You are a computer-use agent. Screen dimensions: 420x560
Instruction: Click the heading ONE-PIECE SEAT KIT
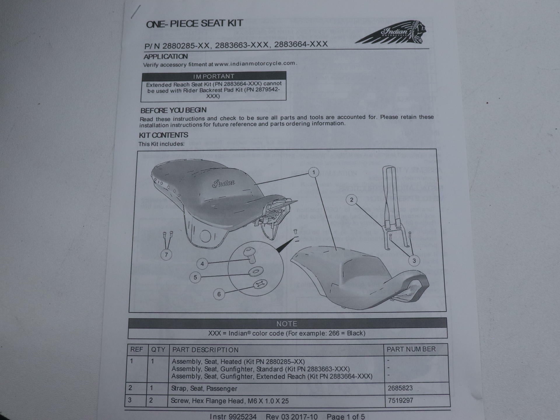point(194,24)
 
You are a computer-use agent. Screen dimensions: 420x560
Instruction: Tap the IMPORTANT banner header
point(214,76)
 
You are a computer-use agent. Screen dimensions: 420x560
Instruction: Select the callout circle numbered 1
point(314,172)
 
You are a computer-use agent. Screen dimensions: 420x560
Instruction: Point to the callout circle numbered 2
point(351,200)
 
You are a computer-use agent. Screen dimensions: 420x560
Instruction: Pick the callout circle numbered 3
point(414,261)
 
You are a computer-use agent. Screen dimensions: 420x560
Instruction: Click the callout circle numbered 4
point(202,264)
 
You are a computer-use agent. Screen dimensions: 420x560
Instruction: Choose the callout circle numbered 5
point(195,277)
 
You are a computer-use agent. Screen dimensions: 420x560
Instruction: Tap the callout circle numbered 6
point(219,294)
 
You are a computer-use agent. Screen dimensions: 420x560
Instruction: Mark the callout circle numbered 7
point(166,255)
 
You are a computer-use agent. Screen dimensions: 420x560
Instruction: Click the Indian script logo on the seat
point(223,183)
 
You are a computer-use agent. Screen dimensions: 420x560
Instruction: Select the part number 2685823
point(400,388)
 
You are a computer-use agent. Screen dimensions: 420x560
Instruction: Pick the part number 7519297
point(400,400)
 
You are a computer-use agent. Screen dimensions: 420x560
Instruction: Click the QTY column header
point(158,349)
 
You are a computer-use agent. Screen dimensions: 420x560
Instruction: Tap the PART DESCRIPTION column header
point(205,350)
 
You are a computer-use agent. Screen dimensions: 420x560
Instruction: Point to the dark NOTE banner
point(287,324)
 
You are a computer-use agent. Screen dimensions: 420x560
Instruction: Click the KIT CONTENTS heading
point(163,135)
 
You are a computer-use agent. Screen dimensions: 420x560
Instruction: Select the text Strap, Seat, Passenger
point(204,388)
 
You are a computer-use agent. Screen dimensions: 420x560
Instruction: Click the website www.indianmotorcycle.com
point(255,64)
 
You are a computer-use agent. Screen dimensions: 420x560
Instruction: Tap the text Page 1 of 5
point(346,416)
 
